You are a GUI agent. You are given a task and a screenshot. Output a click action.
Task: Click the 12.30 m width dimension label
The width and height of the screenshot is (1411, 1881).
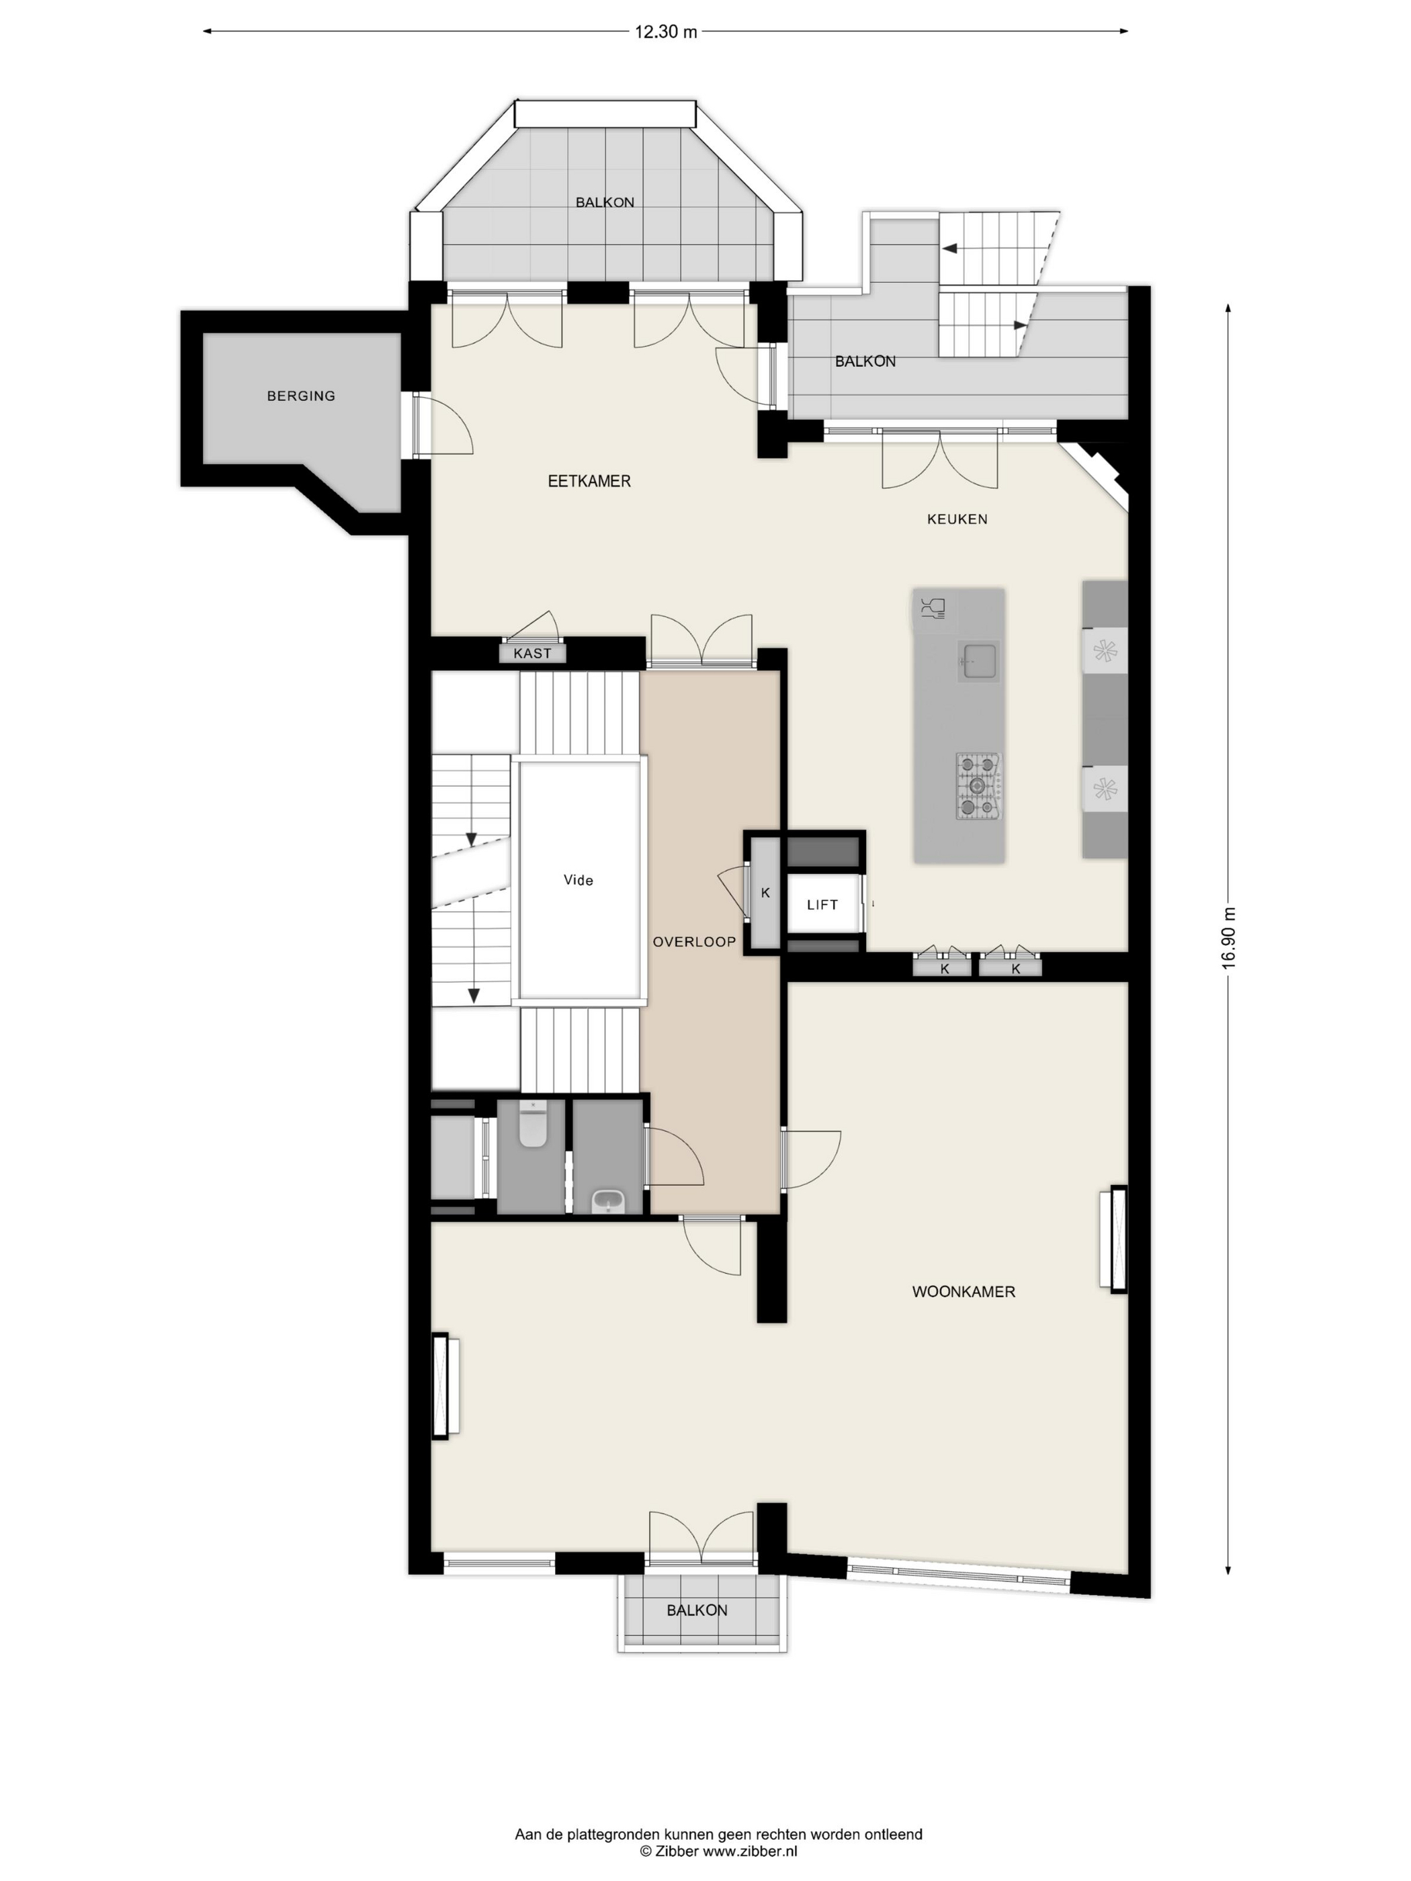coord(665,32)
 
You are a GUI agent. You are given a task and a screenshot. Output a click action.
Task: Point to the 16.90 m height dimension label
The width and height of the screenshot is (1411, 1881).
coord(1228,938)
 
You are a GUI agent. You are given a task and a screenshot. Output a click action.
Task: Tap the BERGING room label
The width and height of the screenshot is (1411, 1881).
coord(301,396)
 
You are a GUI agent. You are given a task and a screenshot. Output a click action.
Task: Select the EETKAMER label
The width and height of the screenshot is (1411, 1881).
coord(589,481)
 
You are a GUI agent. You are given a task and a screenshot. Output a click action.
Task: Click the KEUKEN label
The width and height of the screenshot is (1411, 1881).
coord(957,519)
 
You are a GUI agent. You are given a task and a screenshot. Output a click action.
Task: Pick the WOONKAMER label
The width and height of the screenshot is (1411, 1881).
coord(964,1292)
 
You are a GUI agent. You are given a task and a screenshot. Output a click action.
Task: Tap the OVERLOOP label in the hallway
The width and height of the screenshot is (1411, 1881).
coord(694,941)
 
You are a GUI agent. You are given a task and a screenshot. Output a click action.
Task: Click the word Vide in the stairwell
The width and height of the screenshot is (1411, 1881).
coord(579,880)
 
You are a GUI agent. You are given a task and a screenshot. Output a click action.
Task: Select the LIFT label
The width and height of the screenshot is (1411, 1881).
coord(822,905)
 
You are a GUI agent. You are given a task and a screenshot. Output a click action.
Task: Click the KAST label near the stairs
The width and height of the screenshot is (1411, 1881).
coord(532,653)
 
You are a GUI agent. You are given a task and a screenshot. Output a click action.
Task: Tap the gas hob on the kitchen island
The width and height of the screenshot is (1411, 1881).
coord(979,786)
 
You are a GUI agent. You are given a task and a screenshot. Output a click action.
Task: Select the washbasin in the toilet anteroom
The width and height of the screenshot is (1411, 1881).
coord(608,1202)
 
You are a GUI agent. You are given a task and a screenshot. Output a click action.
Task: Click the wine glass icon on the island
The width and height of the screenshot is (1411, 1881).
coord(933,609)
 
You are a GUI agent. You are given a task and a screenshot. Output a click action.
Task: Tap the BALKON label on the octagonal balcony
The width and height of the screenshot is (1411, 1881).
coord(605,202)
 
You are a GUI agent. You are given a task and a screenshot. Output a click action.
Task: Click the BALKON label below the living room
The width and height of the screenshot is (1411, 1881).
coord(697,1610)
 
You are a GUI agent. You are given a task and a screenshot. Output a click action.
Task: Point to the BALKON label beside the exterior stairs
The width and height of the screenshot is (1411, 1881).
coord(865,361)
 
